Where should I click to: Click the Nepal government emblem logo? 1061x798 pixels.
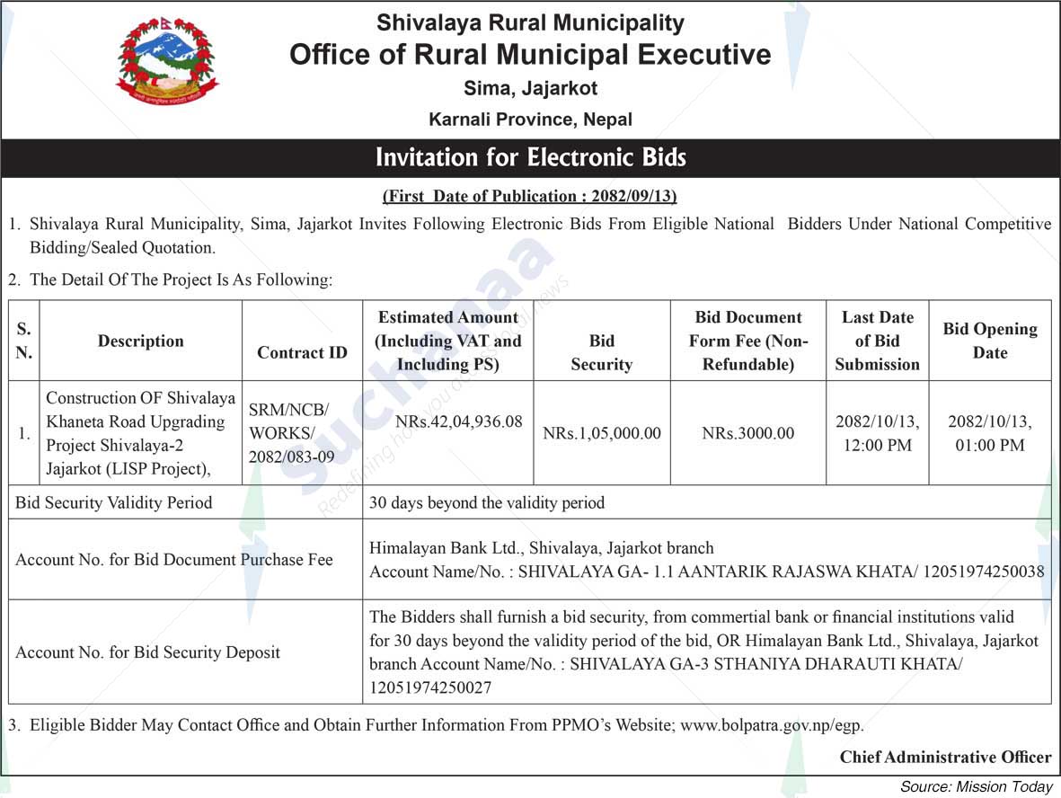[x=167, y=61]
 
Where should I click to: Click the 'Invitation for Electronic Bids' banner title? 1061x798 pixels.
[x=530, y=158]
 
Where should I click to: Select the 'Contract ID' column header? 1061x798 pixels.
[x=302, y=352]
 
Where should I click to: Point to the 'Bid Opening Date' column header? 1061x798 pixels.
[x=989, y=341]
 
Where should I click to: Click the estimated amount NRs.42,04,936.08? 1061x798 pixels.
[x=459, y=421]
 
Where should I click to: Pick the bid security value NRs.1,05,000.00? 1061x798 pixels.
[x=601, y=433]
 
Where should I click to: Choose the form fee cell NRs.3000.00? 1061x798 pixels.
[x=747, y=433]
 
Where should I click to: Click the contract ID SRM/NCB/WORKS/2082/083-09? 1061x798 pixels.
[x=289, y=433]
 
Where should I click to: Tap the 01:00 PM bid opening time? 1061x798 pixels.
[x=989, y=445]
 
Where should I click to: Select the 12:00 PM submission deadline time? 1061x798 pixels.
[x=877, y=445]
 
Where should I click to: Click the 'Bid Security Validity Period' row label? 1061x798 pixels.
[x=114, y=502]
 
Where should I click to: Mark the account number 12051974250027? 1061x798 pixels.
[x=430, y=688]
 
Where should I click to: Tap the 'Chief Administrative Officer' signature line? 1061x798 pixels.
[x=945, y=757]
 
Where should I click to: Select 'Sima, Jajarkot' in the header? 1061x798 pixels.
[x=530, y=88]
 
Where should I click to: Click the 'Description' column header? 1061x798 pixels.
[x=141, y=341]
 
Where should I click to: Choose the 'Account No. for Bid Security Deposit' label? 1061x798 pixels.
[x=148, y=652]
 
